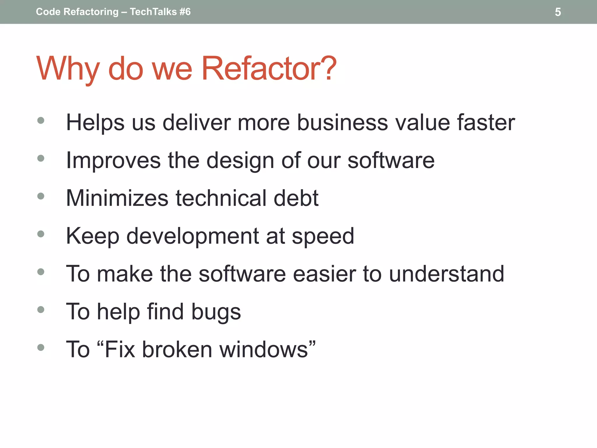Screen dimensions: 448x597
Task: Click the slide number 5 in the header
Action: click(558, 12)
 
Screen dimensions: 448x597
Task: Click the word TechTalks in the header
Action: click(153, 12)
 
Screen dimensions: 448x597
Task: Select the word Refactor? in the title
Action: click(269, 69)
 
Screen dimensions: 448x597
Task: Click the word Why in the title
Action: click(68, 69)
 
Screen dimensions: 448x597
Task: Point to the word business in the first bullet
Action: click(343, 123)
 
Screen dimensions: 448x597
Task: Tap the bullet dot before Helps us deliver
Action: click(41, 120)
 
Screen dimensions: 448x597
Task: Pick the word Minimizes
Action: click(117, 198)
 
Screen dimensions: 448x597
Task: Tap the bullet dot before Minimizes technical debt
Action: click(41, 196)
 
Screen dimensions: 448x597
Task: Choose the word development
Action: click(192, 236)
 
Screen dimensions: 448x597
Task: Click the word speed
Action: click(323, 236)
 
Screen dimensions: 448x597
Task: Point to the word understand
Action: click(447, 274)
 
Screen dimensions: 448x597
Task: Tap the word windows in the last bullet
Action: click(264, 349)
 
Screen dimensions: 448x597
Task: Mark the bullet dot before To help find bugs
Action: click(41, 309)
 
